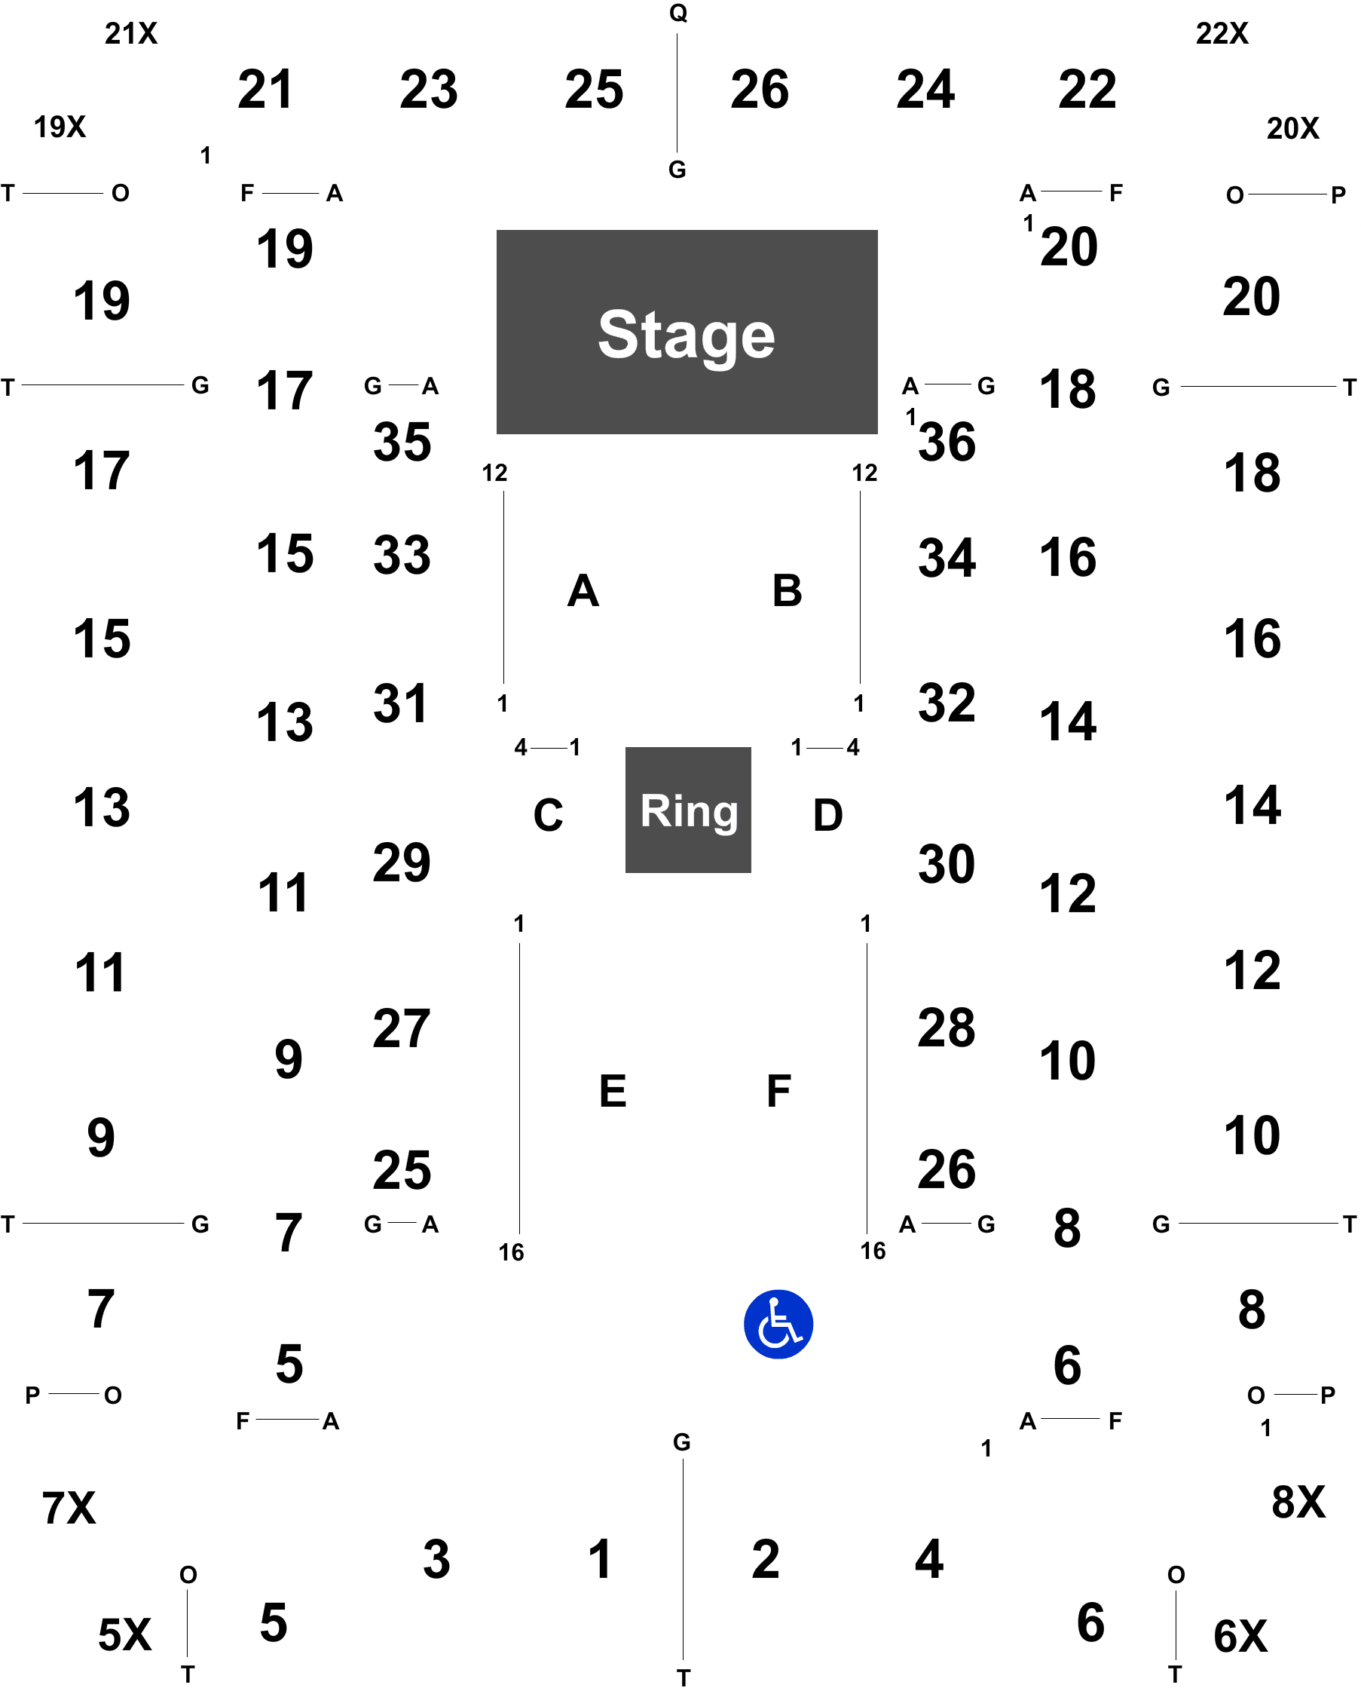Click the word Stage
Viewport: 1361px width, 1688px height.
686,335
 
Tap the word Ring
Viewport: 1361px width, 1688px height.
688,811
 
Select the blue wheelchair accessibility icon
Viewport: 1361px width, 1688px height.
778,1324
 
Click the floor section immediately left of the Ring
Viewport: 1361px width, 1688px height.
546,813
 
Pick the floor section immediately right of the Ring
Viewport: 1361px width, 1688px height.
824,813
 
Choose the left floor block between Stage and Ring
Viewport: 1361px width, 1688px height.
580,590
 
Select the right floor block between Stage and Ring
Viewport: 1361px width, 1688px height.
781,590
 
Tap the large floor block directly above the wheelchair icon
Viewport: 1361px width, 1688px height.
775,1087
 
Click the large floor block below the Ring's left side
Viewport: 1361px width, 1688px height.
609,1087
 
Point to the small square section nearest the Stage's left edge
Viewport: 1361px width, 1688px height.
401,438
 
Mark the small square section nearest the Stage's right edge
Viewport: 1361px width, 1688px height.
947,438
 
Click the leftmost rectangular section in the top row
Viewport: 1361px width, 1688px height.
267,90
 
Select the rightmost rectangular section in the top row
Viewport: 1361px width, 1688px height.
1089,90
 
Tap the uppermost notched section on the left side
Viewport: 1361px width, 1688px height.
86,469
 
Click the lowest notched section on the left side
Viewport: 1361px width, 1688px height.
86,1137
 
